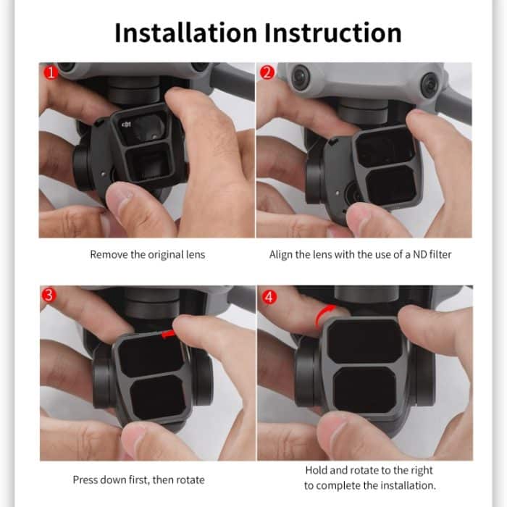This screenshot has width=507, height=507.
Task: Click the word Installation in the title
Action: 184,33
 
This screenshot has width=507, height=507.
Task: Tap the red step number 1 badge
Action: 49,72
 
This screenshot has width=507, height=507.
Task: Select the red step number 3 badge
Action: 49,296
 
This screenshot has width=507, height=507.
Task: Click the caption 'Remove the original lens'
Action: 147,255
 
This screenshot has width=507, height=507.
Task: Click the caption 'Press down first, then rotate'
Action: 138,479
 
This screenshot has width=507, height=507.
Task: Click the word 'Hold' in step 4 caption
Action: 317,470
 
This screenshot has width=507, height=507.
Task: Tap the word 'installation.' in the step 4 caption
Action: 410,485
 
